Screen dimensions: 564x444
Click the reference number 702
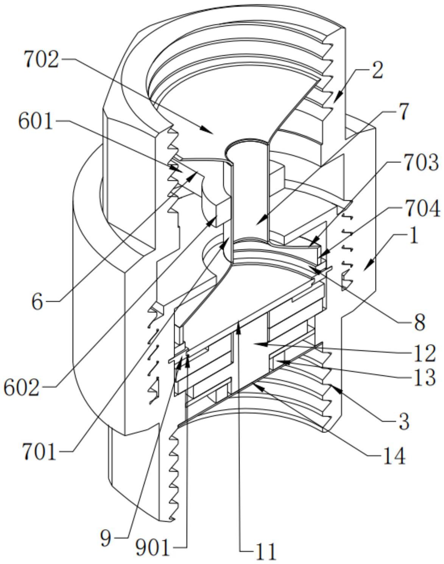(41, 60)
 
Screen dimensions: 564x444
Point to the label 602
(22, 388)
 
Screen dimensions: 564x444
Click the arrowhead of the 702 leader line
(213, 133)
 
